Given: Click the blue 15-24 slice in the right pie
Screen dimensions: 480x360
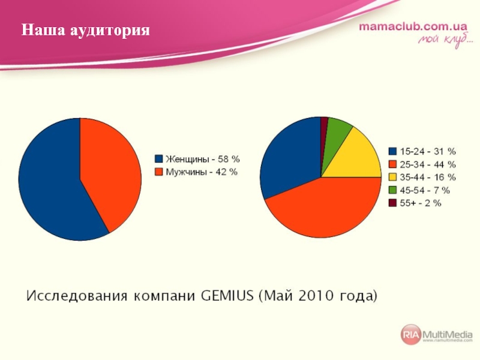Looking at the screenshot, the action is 291,156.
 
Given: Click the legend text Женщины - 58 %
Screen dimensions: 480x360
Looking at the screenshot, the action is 203,159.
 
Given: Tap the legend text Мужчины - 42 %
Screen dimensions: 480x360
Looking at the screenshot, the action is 202,172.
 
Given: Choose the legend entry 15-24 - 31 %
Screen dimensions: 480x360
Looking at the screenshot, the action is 422,152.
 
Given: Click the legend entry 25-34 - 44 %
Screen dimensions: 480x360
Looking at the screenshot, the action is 422,164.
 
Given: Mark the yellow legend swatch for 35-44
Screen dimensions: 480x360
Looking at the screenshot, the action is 392,177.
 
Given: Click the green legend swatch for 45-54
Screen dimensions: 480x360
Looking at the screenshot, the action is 392,190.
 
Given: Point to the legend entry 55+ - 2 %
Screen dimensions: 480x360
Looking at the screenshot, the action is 415,203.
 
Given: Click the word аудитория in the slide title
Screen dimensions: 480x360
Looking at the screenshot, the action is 110,31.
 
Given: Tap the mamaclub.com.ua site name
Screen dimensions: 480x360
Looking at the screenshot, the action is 413,26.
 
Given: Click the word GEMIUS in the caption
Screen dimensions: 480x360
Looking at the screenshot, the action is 227,296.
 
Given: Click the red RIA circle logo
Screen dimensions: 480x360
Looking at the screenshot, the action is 411,334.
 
